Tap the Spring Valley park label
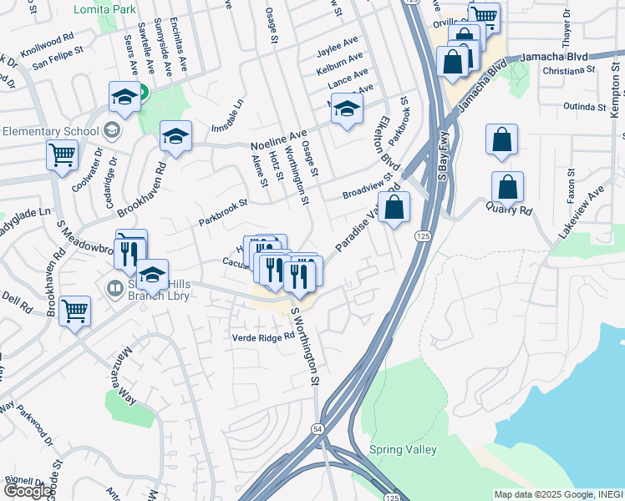click(403, 450)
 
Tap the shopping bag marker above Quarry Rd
click(501, 141)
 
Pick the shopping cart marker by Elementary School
click(62, 154)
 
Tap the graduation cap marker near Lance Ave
click(347, 109)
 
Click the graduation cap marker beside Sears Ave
click(124, 98)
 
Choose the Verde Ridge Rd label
click(264, 337)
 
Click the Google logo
click(28, 491)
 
